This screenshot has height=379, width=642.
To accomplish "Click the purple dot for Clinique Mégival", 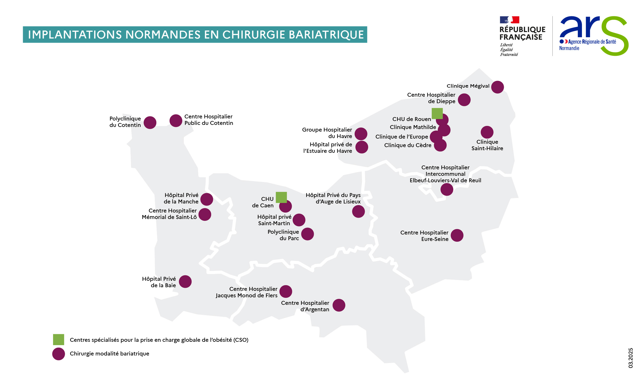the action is tap(497, 87).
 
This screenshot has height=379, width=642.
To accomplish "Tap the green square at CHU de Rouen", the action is tap(437, 113).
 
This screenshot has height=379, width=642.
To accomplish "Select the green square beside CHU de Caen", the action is tap(281, 197).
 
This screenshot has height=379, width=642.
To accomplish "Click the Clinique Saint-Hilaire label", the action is tap(487, 145).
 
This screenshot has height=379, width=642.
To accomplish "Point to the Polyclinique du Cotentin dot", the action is tap(150, 123).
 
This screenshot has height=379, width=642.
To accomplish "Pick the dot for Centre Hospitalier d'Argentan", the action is tap(339, 305).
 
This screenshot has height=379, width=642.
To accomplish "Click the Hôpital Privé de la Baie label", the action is tap(159, 282).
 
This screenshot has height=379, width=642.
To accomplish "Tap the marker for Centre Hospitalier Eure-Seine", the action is tap(457, 236).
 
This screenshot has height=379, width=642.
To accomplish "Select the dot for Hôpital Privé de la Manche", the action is tap(207, 199).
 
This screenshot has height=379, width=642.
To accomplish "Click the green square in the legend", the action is tap(59, 340).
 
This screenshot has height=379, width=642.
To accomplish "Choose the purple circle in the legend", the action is tap(59, 354).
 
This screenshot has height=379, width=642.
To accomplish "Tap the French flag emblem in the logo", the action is tap(509, 20).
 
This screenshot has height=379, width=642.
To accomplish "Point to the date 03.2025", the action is tap(631, 358).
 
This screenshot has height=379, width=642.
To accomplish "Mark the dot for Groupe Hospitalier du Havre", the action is tap(361, 134).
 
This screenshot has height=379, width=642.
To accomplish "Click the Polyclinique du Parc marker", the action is tap(308, 234).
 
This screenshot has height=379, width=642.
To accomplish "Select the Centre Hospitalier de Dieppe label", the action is tap(431, 98).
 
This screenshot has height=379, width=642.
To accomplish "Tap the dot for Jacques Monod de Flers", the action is tap(286, 292).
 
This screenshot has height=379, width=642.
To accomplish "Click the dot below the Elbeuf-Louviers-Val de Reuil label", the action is tap(447, 189).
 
